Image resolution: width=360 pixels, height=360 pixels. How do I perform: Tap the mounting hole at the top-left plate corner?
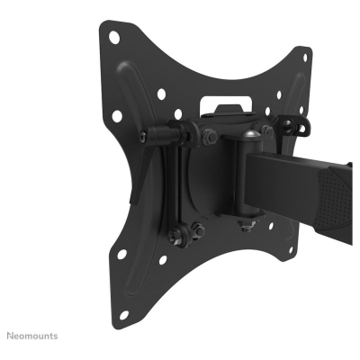click(115, 38)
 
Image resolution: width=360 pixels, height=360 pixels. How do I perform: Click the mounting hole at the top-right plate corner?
click(307, 58)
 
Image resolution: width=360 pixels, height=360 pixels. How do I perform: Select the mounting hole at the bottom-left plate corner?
click(123, 315)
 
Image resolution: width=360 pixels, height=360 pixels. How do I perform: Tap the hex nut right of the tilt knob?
click(209, 137)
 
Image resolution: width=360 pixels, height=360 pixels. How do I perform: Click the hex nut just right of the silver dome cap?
click(282, 135)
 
